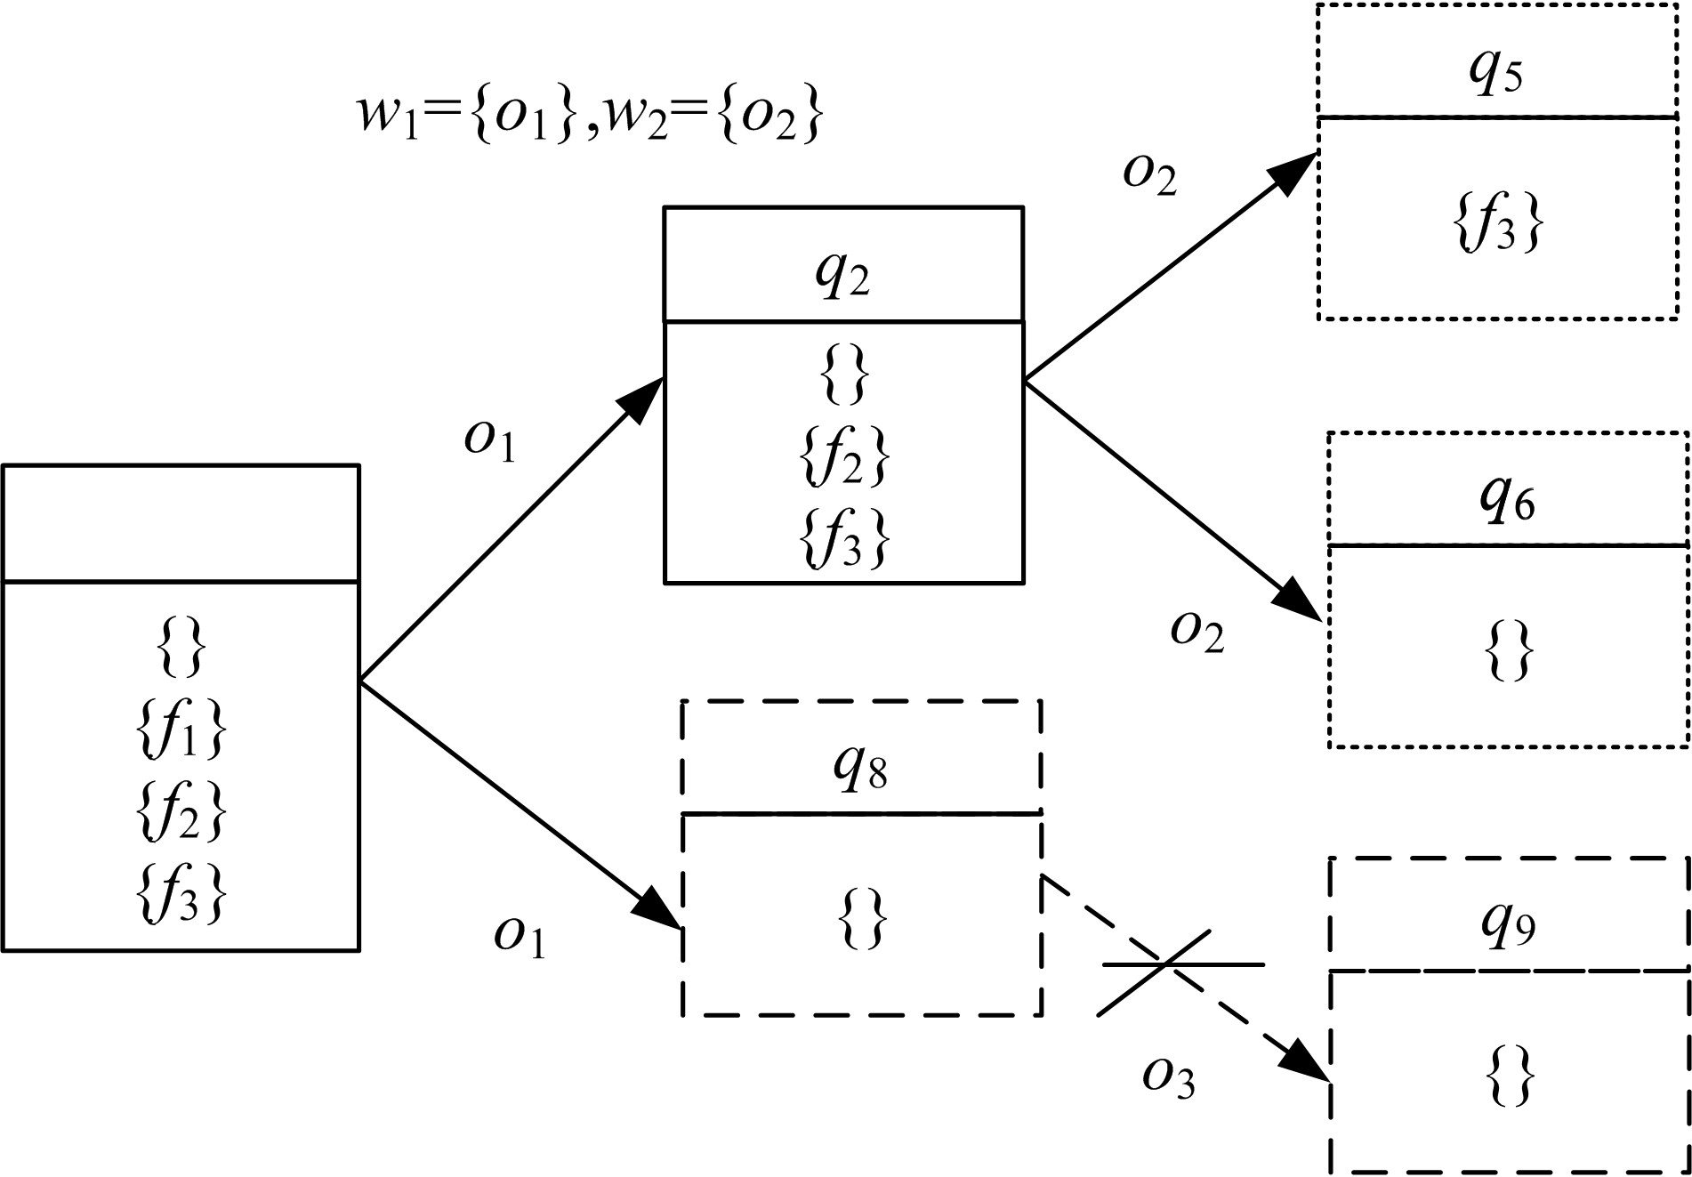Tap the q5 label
tap(1496, 73)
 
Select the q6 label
tap(1507, 502)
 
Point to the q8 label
tap(861, 770)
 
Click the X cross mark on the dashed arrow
tap(1165, 963)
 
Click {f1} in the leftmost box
tap(181, 731)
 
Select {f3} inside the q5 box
tap(1498, 222)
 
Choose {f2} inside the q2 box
tap(843, 458)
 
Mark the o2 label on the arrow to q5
tap(1150, 174)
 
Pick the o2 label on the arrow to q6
tap(1197, 633)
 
